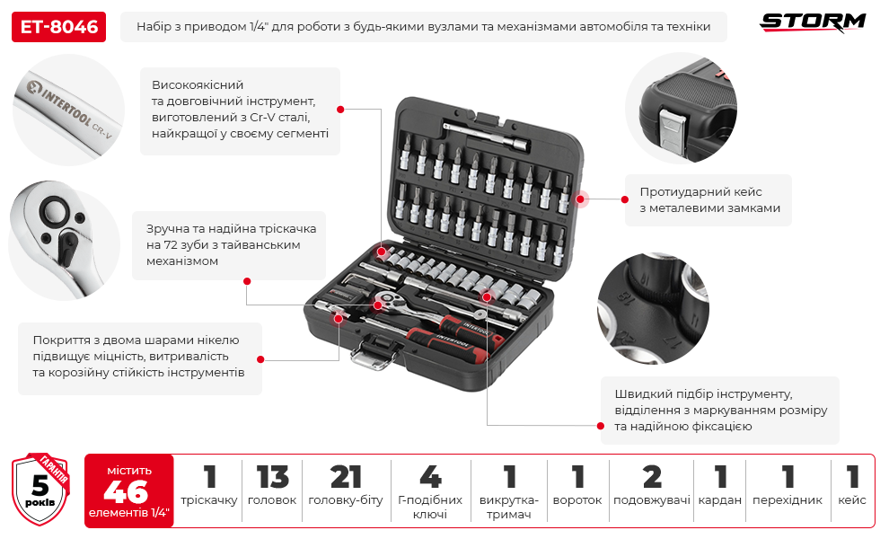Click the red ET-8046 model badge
(58, 27)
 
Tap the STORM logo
(813, 22)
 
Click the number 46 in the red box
(125, 491)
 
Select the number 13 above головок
(271, 478)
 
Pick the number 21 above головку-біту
(346, 478)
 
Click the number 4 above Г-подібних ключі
(429, 478)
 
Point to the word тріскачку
(208, 500)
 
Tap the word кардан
(720, 500)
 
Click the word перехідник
(788, 500)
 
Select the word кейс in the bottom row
(852, 500)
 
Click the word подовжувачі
(651, 500)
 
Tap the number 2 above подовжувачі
(651, 478)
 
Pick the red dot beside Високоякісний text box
(340, 109)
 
